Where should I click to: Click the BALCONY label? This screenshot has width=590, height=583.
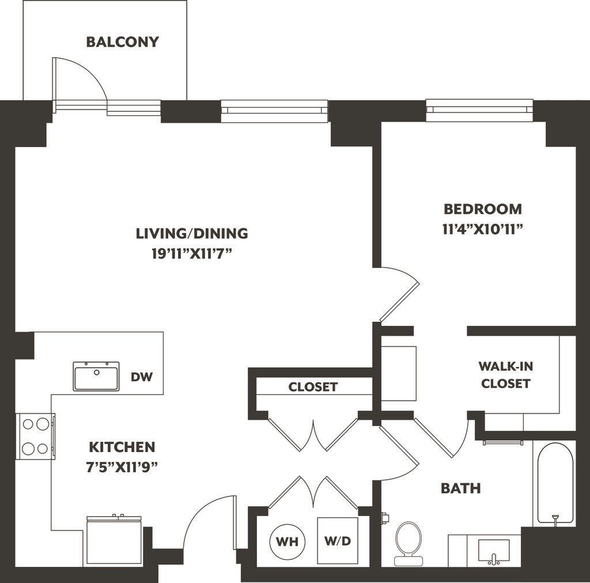point(123,42)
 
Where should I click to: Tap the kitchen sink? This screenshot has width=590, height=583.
point(96,376)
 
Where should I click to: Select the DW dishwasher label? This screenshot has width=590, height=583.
point(142,377)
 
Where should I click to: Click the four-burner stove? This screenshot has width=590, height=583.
point(35,436)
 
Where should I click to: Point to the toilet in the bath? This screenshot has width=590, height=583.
point(409,543)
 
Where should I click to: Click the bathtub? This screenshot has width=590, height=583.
point(555,483)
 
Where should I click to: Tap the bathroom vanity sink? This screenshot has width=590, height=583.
point(494,552)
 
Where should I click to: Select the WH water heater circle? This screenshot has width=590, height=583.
point(288,541)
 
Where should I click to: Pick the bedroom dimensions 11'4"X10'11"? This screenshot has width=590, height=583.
point(483,230)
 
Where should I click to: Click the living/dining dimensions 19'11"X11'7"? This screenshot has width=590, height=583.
point(191,254)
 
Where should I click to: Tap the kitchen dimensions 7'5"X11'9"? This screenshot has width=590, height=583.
point(122,467)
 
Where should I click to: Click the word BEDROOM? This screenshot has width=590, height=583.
point(483,209)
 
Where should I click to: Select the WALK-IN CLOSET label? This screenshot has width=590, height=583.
point(506,375)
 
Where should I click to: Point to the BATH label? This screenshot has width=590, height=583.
point(460,488)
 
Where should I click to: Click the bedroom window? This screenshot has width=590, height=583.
point(479,110)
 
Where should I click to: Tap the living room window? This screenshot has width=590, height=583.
point(274,111)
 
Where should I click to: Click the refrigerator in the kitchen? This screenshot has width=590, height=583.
point(114,540)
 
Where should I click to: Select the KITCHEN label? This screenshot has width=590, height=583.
point(122,447)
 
